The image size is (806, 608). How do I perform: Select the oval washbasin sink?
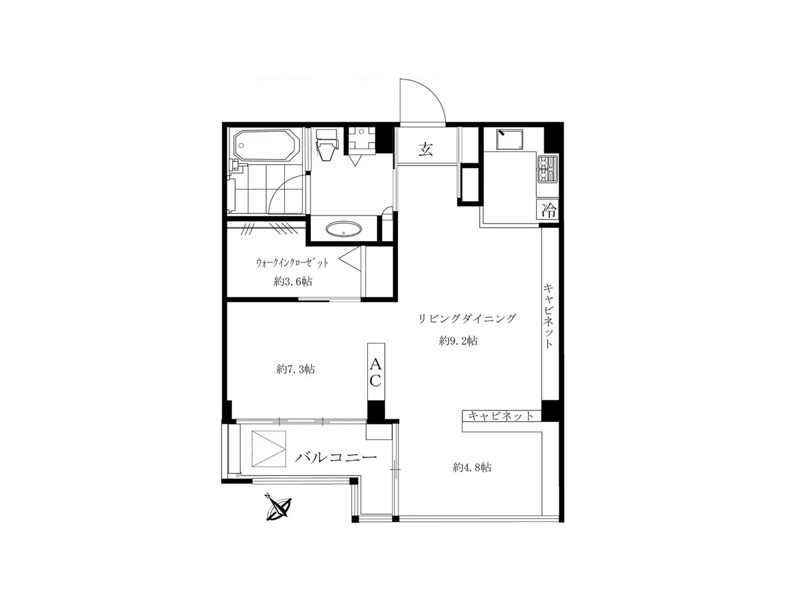(x=343, y=229)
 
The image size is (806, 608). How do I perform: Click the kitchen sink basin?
(x=509, y=139)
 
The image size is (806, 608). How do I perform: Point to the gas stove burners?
(x=547, y=169)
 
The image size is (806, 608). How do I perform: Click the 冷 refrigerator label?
(x=549, y=210)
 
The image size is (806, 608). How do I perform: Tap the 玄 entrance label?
(x=426, y=149)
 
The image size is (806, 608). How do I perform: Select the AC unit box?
(x=375, y=372)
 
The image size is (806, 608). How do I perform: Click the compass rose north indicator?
(x=279, y=508)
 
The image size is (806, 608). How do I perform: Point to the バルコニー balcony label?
(x=336, y=457)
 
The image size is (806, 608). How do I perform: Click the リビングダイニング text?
(x=467, y=318)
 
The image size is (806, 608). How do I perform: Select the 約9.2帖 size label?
(x=458, y=341)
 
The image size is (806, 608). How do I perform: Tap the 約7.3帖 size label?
(x=296, y=369)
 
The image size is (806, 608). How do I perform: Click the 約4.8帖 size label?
(x=472, y=467)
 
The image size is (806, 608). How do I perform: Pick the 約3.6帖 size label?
(x=293, y=282)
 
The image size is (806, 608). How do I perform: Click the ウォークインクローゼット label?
(x=292, y=262)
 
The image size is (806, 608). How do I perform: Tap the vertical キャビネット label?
(x=548, y=315)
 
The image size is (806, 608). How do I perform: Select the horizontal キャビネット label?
(x=501, y=416)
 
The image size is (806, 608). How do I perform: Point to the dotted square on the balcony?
(x=269, y=449)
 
